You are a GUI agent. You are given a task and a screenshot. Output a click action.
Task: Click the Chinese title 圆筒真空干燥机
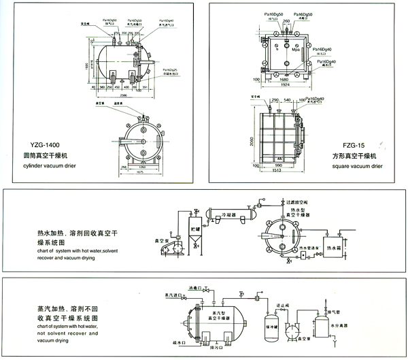(x=46, y=157)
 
